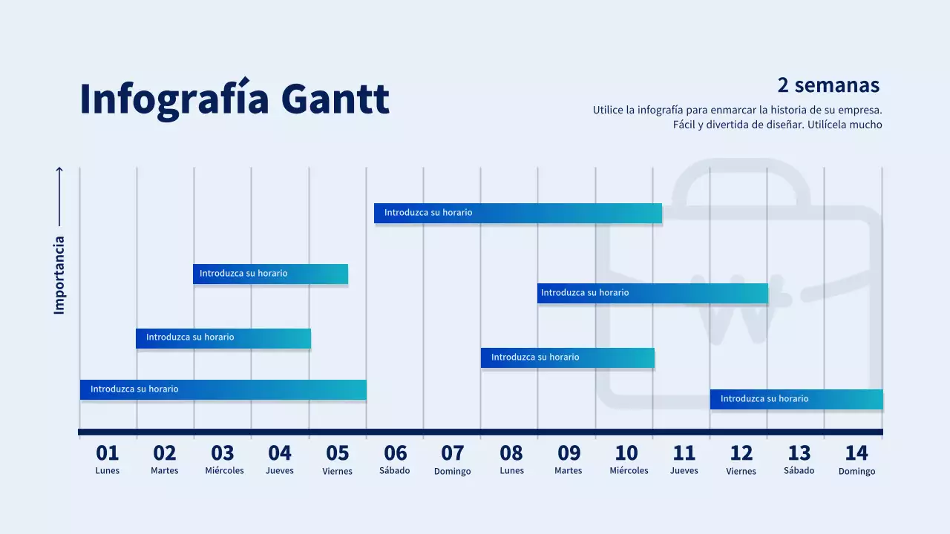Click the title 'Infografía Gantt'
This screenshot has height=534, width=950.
[x=234, y=99]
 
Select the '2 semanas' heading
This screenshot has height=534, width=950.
[x=828, y=85]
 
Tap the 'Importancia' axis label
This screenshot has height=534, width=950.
[x=59, y=274]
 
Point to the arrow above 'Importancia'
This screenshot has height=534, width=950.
[x=59, y=197]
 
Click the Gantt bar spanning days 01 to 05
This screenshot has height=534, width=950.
[x=223, y=389]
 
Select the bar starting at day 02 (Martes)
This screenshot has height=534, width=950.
[x=223, y=338]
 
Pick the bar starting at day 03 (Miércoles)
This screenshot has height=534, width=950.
[x=270, y=274]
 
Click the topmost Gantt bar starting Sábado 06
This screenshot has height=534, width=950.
[x=517, y=213]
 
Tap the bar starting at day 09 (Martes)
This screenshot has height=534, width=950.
[x=652, y=293]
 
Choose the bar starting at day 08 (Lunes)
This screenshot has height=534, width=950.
[x=567, y=357]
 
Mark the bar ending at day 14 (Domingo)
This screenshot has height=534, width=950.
[x=796, y=399]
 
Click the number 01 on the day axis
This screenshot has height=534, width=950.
[x=108, y=453]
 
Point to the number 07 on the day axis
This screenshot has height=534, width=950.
[x=452, y=453]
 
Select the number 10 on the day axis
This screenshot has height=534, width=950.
[x=626, y=453]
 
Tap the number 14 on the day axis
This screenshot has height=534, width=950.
[x=856, y=453]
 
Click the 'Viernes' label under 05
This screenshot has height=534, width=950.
[x=338, y=471]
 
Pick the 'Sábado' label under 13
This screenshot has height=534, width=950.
[x=799, y=470]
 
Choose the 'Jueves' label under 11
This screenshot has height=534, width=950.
[x=684, y=470]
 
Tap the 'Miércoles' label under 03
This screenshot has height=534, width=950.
[x=224, y=470]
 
